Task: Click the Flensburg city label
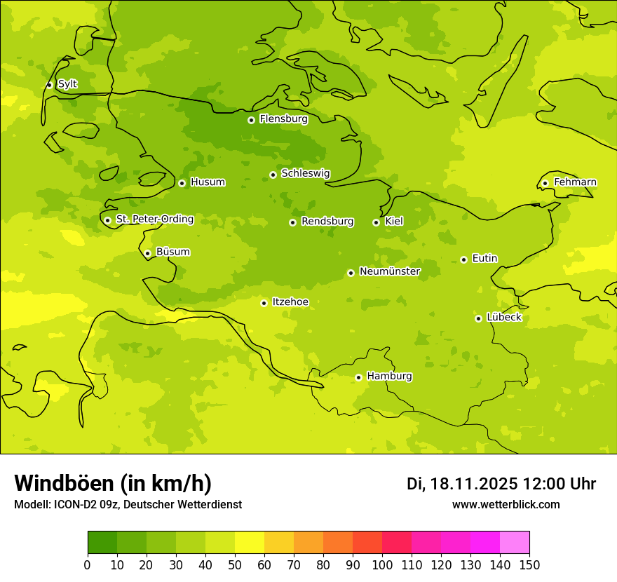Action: pos(283,119)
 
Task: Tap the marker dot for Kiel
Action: pos(376,222)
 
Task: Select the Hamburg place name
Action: pos(389,377)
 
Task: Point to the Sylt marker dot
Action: pos(49,85)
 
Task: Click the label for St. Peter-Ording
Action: pos(154,219)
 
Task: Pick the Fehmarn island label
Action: pos(575,182)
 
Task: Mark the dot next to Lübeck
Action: pos(478,318)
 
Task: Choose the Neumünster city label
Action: pos(389,271)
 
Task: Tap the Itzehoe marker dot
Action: pos(264,303)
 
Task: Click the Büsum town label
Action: pos(172,252)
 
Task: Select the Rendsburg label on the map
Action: pos(327,222)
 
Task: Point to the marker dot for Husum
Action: pos(182,183)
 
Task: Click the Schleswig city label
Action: pos(305,173)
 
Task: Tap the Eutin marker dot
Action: pos(463,259)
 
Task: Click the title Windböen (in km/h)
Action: pos(113,483)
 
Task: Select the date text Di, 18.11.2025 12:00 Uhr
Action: pos(501,484)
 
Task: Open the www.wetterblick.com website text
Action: pos(506,505)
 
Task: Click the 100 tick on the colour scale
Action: pos(382,564)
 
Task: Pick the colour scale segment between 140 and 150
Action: pos(515,542)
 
